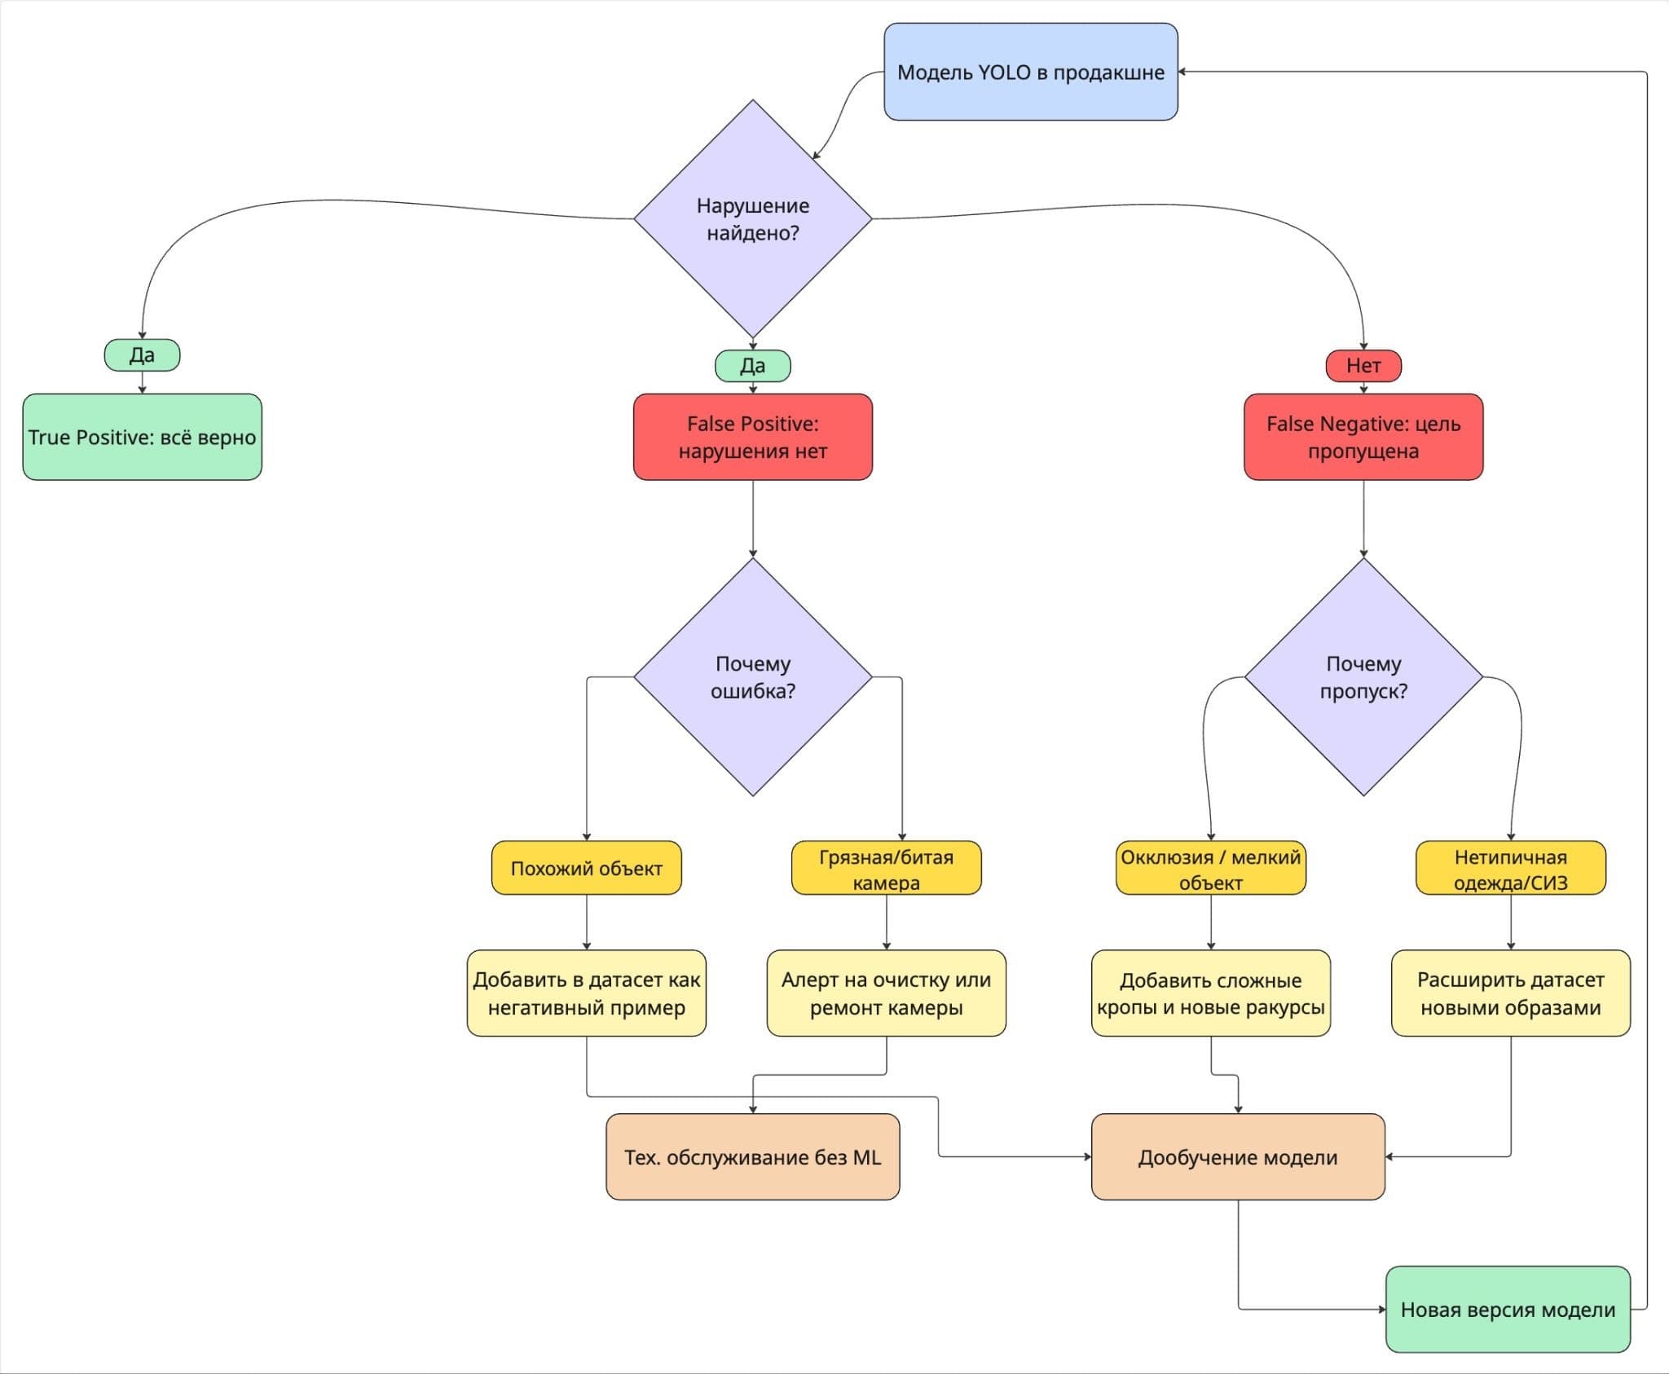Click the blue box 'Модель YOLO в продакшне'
point(1031,72)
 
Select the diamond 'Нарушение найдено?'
point(753,218)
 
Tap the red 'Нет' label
point(1363,365)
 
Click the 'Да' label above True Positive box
point(142,355)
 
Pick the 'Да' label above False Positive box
point(753,365)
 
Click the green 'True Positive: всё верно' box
point(142,437)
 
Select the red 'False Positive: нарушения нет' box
point(753,437)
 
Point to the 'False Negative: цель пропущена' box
point(1363,437)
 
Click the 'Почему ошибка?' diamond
point(753,676)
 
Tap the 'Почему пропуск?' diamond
point(1363,676)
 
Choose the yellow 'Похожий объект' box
point(587,868)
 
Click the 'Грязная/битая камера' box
point(887,868)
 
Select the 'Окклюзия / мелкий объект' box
point(1211,868)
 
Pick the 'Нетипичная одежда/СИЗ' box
point(1511,868)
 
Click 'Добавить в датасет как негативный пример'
point(587,993)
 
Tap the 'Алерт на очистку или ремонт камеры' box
point(887,993)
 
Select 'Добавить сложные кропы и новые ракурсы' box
point(1211,993)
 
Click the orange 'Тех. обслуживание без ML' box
point(753,1156)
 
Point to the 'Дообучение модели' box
point(1238,1156)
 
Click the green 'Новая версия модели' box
point(1508,1309)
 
